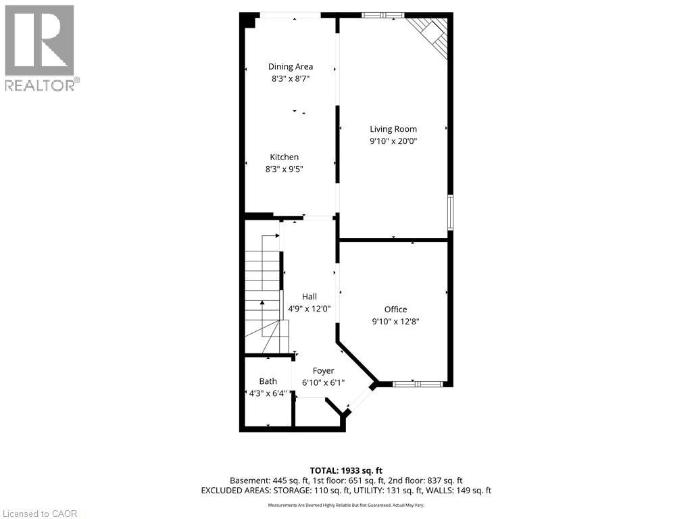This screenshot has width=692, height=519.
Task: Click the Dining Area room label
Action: point(291,66)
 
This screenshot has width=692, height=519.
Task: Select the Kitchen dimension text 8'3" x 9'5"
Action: point(284,170)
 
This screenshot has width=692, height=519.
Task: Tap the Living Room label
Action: point(393,128)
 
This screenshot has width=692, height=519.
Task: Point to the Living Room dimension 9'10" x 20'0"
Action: point(393,141)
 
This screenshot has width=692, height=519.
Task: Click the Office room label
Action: point(395,310)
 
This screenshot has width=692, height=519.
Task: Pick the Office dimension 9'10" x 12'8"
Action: point(395,322)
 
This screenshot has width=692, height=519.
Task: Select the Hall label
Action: point(309,296)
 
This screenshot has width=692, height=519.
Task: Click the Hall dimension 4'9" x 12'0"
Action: point(309,309)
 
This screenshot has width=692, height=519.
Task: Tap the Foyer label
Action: point(323,370)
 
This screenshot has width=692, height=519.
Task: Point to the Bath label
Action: point(268,381)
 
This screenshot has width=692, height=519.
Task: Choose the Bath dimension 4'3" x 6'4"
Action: point(268,393)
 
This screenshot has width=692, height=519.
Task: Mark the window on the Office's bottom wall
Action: point(418,384)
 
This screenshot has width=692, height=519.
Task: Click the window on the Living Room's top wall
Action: point(382,15)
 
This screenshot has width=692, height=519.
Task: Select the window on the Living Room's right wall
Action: point(450,213)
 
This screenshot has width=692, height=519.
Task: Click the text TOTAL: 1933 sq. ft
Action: point(346,470)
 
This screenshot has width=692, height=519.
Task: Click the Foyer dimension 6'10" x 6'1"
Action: point(323,383)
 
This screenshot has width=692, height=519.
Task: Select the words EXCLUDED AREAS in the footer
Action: point(233,491)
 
